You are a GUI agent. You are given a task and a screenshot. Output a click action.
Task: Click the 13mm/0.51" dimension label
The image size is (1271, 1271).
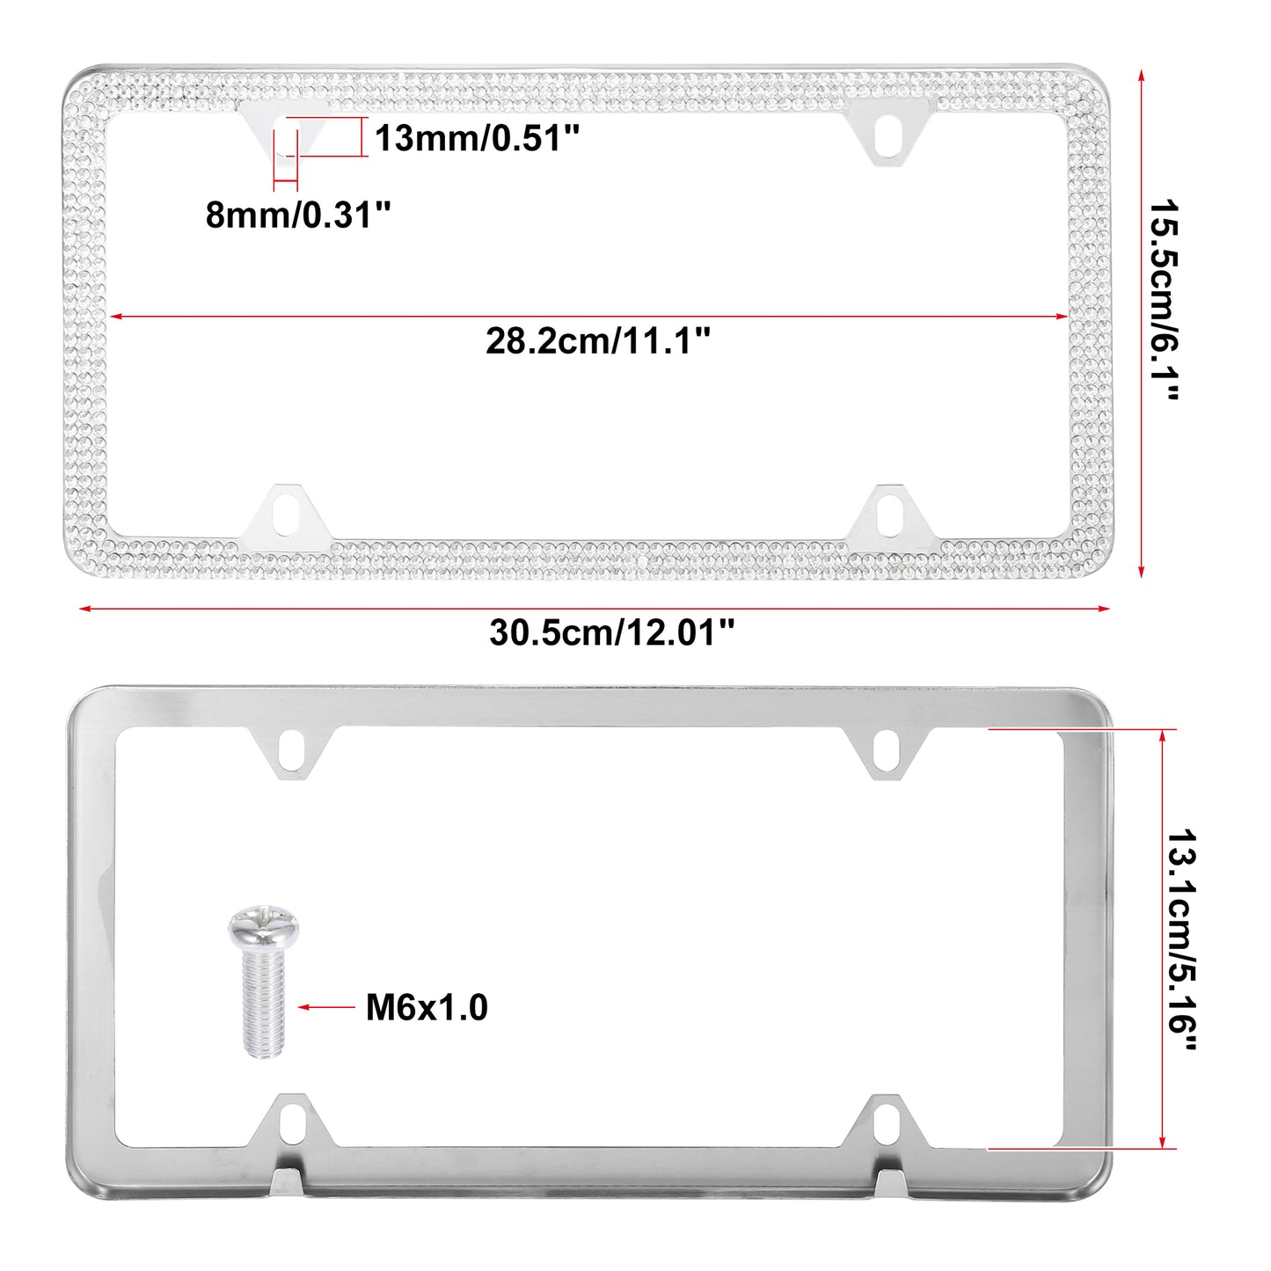tap(477, 138)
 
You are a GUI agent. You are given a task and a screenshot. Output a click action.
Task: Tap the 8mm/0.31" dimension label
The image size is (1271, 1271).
tap(299, 215)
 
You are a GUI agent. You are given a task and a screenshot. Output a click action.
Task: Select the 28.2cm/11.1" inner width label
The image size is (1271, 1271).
tap(598, 341)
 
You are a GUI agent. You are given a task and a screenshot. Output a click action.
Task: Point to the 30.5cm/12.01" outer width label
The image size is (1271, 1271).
tap(611, 632)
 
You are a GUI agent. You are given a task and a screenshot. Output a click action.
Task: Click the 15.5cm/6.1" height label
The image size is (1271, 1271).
tap(1163, 299)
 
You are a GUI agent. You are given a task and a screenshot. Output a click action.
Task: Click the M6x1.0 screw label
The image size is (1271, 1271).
tap(427, 1008)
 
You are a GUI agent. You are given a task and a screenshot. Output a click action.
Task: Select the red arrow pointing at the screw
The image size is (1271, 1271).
tap(326, 1007)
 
